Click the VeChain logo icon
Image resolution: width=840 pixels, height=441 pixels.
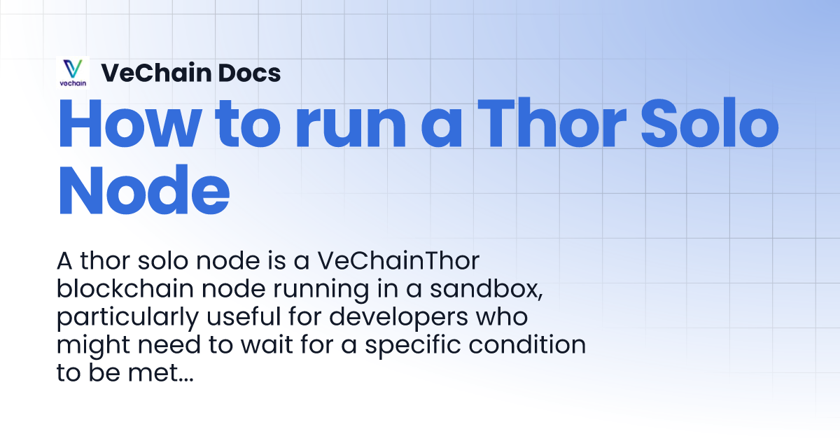(73, 73)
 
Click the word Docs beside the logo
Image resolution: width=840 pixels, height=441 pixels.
(249, 73)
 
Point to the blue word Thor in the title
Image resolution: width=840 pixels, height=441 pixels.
(552, 124)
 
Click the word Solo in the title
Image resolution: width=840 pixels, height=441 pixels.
(710, 124)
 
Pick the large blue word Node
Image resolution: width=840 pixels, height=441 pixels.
(143, 190)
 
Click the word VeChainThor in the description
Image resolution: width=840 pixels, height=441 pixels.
(398, 260)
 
